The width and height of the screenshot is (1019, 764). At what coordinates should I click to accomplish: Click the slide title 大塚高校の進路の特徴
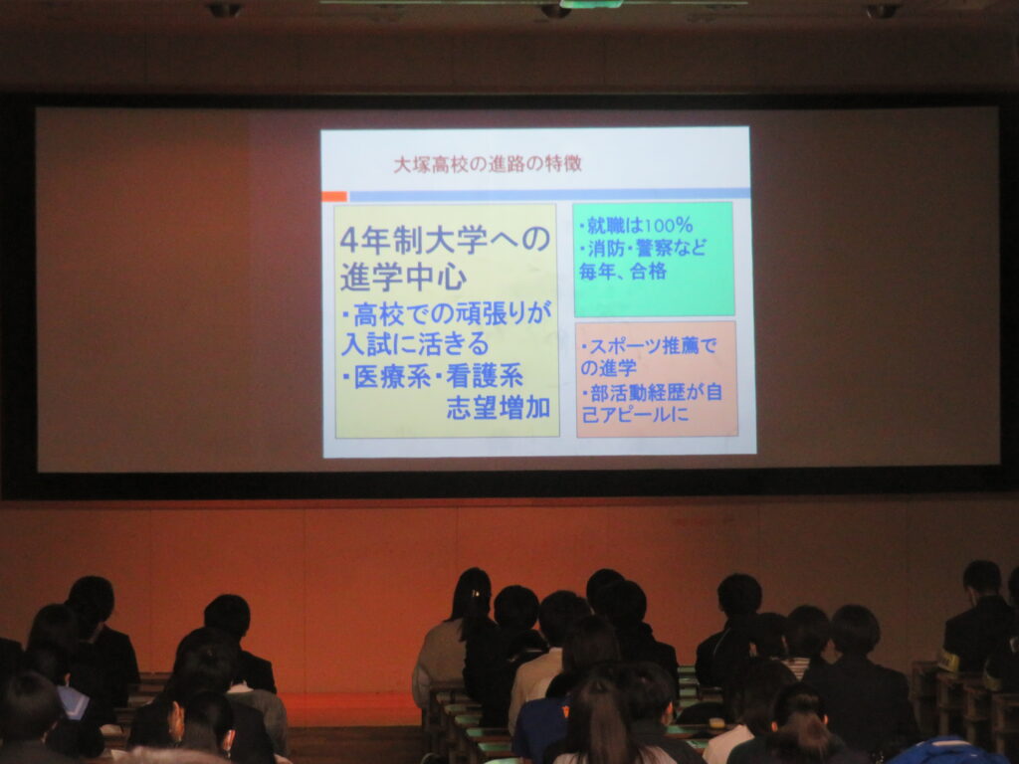click(488, 164)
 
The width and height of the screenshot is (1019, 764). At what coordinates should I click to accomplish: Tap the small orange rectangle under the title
click(334, 196)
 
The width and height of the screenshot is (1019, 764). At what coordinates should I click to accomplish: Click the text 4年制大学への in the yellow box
click(445, 241)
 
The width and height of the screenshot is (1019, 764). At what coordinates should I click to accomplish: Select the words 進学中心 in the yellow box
click(403, 277)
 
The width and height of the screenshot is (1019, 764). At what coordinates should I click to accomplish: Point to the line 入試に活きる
click(415, 343)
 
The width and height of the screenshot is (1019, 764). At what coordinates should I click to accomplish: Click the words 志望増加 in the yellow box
click(499, 407)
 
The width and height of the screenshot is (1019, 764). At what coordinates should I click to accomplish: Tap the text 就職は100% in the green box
click(636, 226)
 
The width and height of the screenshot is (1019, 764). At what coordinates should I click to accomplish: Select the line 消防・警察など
click(642, 248)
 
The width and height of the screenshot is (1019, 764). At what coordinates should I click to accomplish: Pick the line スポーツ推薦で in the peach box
click(649, 346)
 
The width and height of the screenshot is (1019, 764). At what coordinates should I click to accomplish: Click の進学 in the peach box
click(608, 368)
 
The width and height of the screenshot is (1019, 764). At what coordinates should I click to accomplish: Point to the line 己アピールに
click(635, 414)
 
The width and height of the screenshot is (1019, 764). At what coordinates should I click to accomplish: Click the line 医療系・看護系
click(433, 377)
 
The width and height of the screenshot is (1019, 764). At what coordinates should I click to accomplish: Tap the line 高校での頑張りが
click(447, 314)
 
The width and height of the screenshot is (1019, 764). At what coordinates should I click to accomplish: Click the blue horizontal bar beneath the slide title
click(549, 194)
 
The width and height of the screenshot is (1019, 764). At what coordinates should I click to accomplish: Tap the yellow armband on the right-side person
click(948, 662)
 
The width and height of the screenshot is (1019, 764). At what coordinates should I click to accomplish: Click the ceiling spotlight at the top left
click(224, 9)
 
